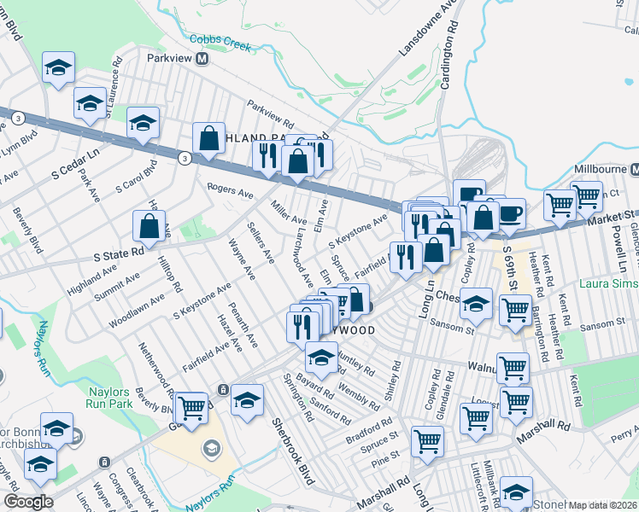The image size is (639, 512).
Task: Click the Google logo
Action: [28, 502]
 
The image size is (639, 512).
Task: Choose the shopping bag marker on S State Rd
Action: [149, 226]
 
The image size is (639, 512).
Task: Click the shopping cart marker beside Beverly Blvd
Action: [191, 408]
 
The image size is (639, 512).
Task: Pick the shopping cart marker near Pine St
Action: [426, 441]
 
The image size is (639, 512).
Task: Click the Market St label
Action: [613, 219]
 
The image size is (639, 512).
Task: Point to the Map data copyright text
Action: [603, 505]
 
